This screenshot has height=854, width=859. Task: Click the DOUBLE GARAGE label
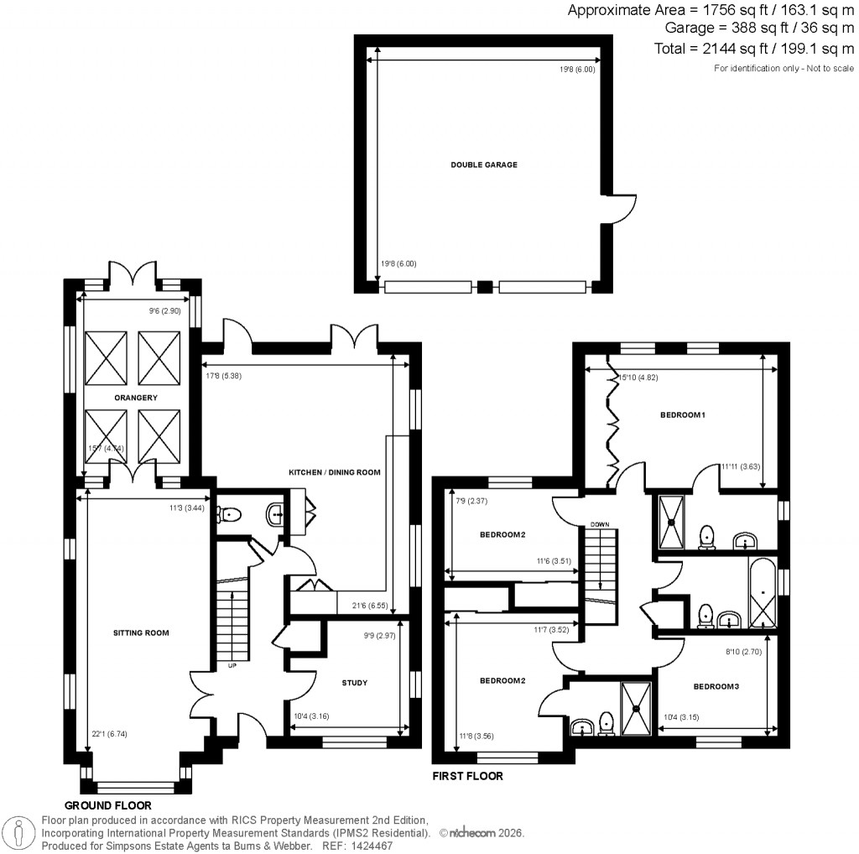pos(483,164)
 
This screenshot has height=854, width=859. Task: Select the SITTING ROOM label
pos(142,633)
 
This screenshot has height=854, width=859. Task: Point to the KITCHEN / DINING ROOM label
pos(335,472)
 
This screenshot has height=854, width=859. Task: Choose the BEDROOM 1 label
pos(682,414)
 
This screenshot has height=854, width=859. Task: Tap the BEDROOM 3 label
pos(716,686)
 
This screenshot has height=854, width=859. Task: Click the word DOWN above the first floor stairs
pos(599,524)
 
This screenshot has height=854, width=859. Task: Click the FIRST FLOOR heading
pos(467,776)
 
